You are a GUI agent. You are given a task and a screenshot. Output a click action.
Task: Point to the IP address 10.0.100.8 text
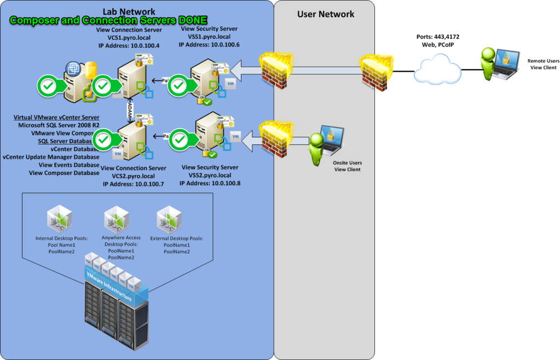210,184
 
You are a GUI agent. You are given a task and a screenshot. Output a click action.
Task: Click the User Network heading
326,14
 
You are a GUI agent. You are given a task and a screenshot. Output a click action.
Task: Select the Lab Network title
129,11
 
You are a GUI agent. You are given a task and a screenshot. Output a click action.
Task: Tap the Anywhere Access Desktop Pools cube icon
116,219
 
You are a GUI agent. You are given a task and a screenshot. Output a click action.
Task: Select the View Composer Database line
64,173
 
